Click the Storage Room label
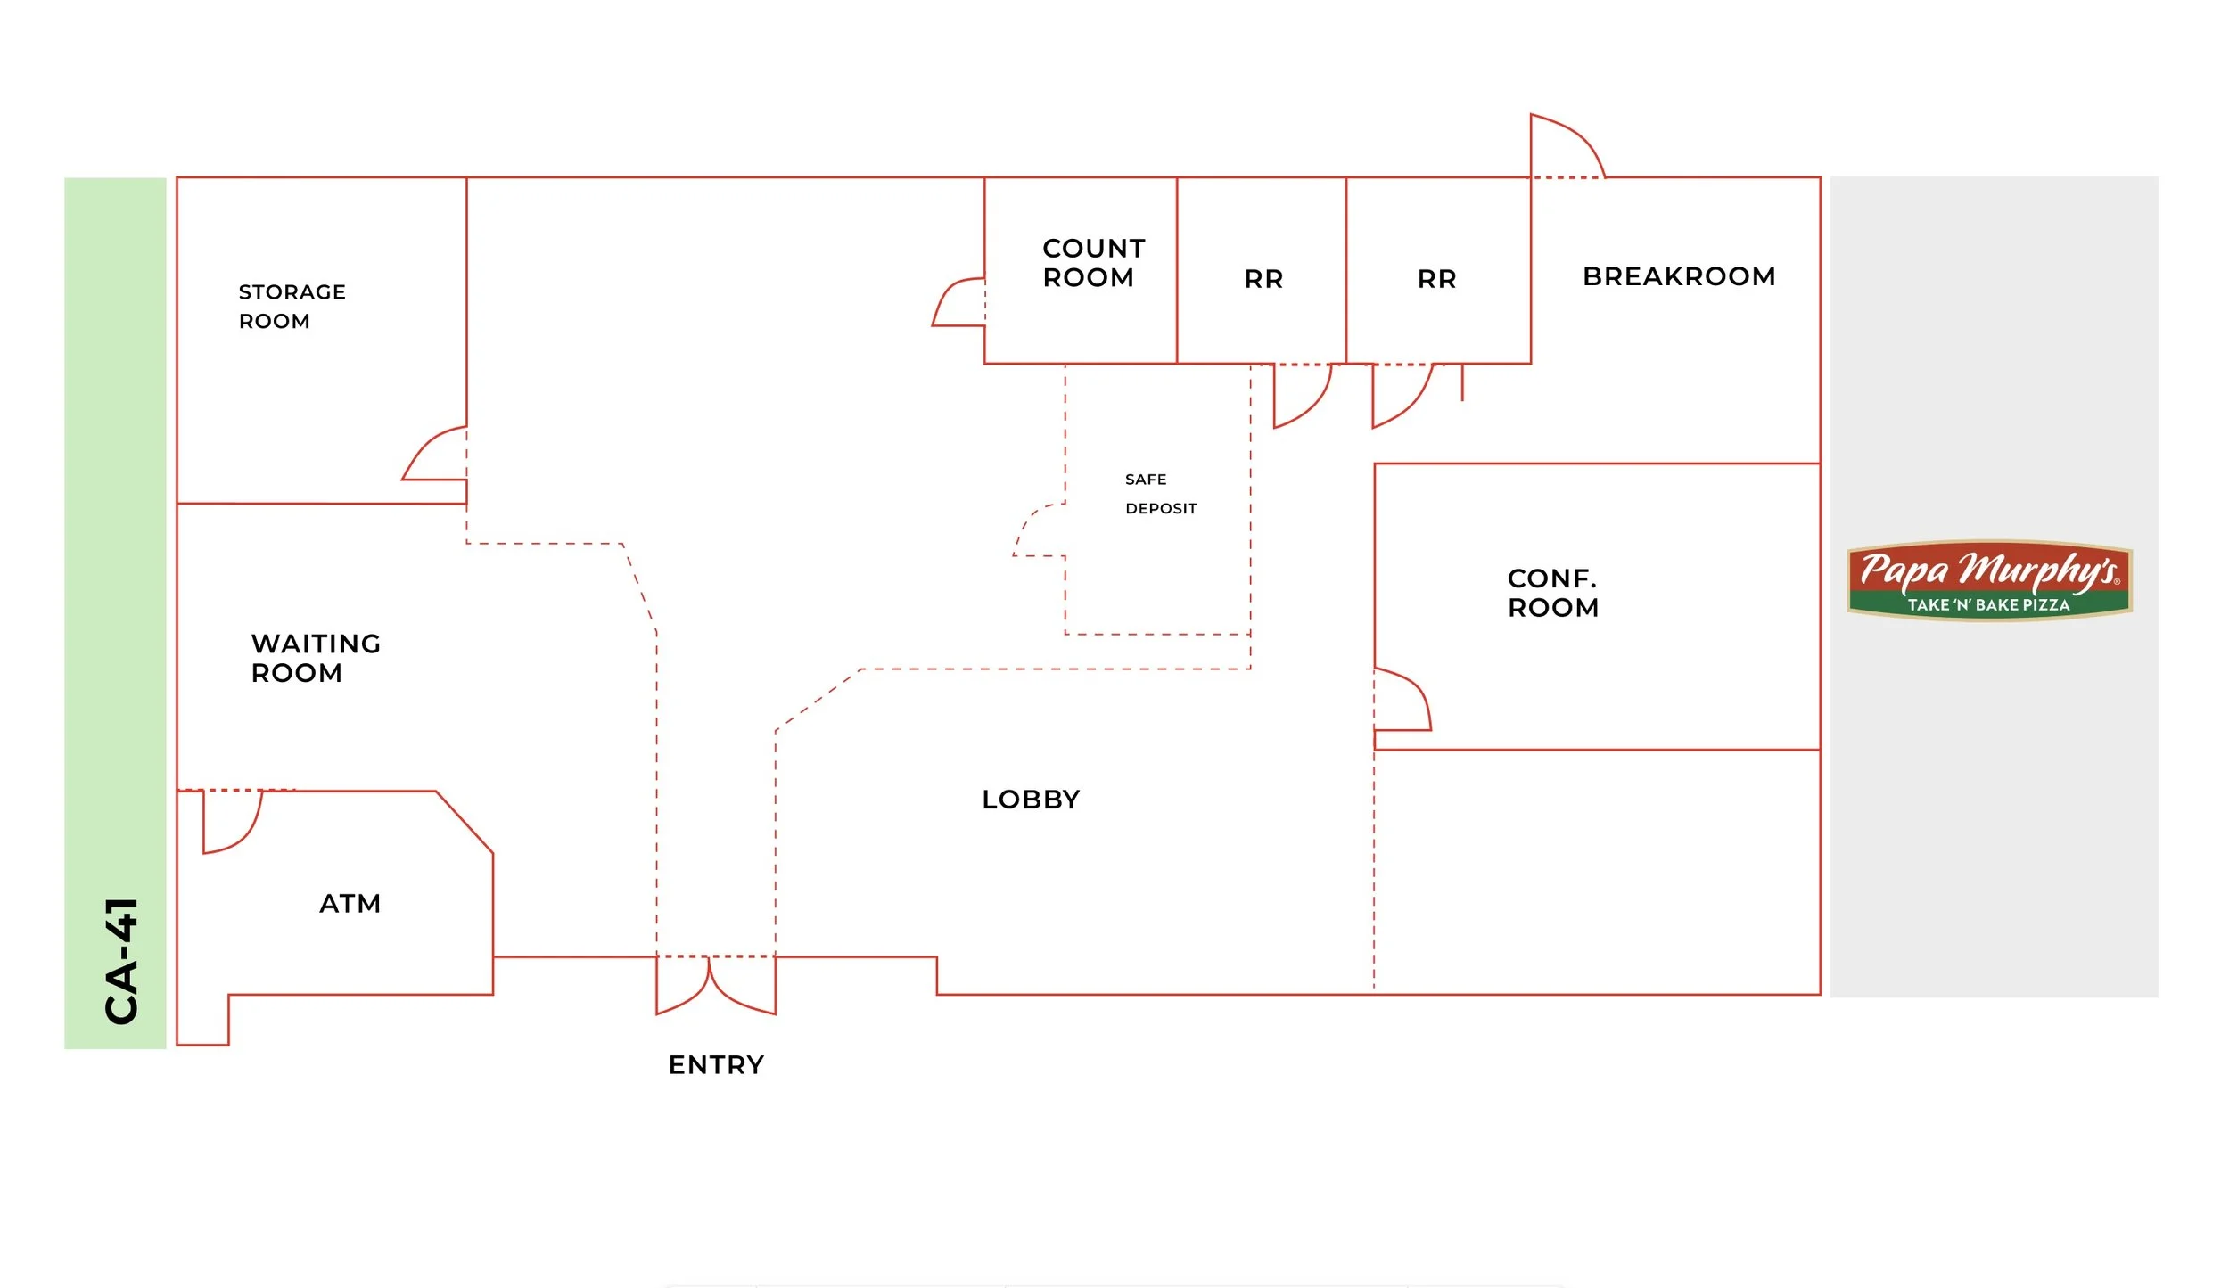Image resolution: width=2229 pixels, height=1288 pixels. coord(292,307)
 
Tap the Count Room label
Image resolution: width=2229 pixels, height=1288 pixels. coord(1094,263)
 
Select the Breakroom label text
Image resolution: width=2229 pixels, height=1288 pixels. coord(1679,276)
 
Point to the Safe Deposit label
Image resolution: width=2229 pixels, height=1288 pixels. coord(1161,494)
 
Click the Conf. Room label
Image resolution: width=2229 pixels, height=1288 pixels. coord(1553,593)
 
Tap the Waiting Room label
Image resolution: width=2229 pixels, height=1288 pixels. coord(316,658)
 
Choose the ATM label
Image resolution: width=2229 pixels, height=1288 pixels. coord(350,904)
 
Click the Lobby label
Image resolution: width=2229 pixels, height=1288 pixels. coord(1031,800)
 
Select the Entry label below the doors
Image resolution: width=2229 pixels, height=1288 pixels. coord(716,1065)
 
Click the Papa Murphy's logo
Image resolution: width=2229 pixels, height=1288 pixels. coord(1989,580)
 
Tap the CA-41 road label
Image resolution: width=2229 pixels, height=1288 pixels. coord(122,961)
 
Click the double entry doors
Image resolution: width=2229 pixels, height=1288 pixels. coord(716,985)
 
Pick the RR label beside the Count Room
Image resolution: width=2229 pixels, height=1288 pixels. coord(1263,279)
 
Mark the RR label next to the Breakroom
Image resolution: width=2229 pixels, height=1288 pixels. coord(1436,279)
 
